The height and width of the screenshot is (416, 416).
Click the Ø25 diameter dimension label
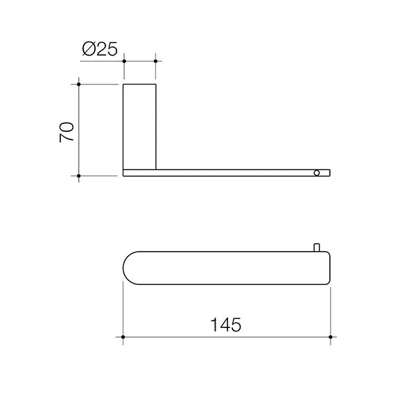tap(100, 49)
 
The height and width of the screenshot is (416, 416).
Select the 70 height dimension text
tap(67, 131)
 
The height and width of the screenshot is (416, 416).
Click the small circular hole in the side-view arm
tap(318, 171)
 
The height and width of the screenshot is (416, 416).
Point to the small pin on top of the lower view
tap(316, 246)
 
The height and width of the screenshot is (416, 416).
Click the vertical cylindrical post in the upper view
tap(139, 125)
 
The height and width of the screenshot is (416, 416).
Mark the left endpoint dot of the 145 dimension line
tap(124, 338)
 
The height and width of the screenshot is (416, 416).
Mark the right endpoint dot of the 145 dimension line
tap(332, 338)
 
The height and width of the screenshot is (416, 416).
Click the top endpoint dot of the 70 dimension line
tap(80, 84)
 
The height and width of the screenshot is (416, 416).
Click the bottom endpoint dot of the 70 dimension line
tap(80, 175)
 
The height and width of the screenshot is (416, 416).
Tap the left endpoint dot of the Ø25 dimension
tap(124, 62)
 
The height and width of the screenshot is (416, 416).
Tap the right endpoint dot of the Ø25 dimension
tap(155, 62)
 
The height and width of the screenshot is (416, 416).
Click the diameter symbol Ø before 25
tap(88, 49)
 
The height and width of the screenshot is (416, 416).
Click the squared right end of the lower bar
tap(328, 268)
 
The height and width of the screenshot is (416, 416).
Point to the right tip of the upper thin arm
tap(331, 171)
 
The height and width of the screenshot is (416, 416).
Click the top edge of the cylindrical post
tap(139, 84)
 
